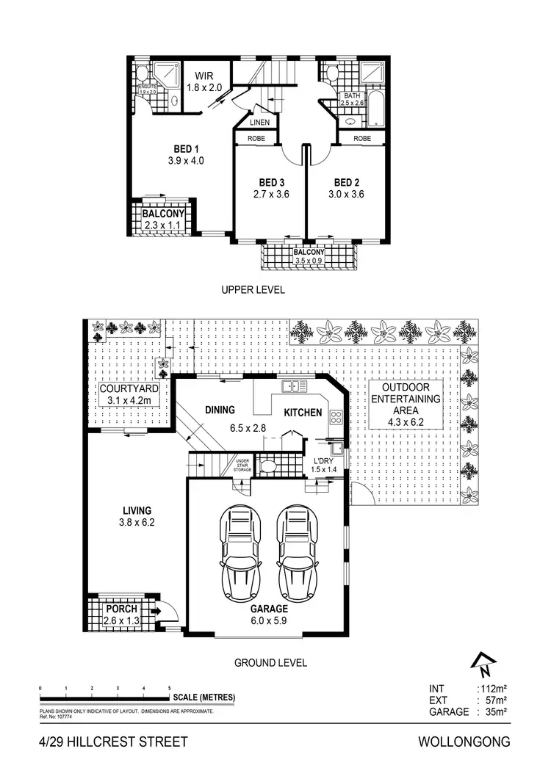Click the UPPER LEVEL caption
tap(253, 290)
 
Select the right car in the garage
tap(298, 546)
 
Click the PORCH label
tap(120, 609)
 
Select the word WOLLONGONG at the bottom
tap(464, 742)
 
